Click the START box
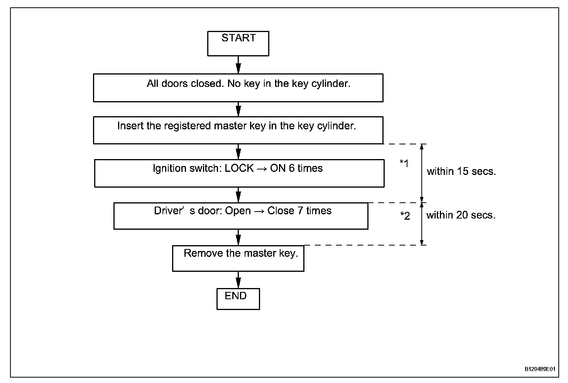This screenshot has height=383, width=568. pos(238,44)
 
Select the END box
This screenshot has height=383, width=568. pos(238,299)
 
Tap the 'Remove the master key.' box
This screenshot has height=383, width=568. pos(238,258)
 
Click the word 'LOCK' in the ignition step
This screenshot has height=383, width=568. pos(239,168)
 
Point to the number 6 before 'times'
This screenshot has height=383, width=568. pos(292,168)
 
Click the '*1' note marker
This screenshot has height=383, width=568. pos(404,163)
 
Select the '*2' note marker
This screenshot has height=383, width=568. pos(405,215)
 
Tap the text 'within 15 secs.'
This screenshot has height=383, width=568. pos(461,171)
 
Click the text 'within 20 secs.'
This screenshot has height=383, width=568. pos(461,215)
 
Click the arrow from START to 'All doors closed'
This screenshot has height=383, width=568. pos(238,65)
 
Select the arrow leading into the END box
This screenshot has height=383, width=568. pos(238,280)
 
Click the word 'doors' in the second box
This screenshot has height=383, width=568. pos(174,83)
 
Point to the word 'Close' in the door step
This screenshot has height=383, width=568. pos(281,210)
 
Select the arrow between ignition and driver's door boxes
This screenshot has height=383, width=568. pos(238,195)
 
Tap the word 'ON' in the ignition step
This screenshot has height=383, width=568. pos(278,168)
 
